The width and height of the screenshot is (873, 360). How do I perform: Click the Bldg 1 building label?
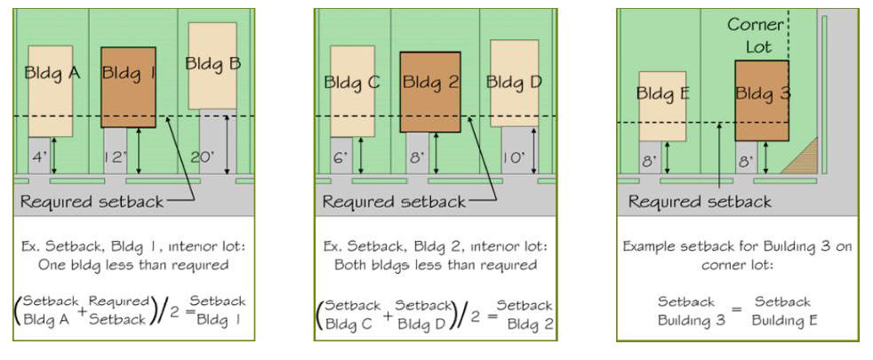(128, 74)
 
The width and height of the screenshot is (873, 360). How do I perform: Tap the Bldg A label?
(52, 73)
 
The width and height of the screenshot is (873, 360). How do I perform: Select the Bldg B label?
(212, 63)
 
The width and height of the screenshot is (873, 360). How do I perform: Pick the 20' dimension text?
(202, 158)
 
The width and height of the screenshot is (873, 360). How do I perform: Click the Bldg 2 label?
(430, 83)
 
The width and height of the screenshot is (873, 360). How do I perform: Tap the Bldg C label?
(352, 83)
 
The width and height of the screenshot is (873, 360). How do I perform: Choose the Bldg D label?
(514, 83)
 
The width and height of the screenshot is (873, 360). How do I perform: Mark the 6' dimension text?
(339, 158)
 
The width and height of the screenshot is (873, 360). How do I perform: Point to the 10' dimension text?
(513, 158)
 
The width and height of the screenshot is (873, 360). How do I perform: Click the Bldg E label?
(663, 93)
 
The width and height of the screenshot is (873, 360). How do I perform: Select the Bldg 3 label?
(763, 93)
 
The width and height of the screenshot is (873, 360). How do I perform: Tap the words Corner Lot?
(756, 36)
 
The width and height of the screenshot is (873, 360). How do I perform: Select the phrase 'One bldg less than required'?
(133, 265)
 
